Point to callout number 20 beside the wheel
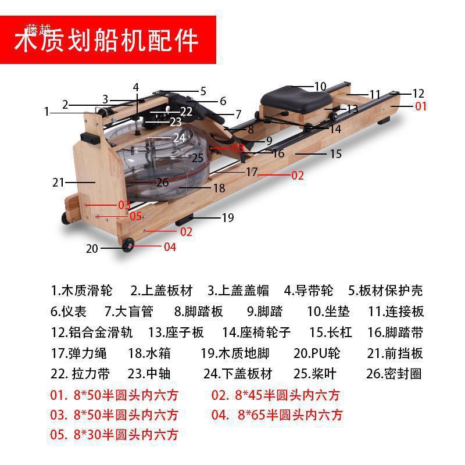point(92,249)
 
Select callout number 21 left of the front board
point(58,183)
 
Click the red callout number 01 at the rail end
point(420,106)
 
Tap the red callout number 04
point(169,247)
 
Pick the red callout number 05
point(135,216)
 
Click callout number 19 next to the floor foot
point(227,218)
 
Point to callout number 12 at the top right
point(418,94)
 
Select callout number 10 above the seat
point(320,87)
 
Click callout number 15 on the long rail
point(335,154)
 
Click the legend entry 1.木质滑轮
point(81,290)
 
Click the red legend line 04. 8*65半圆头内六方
point(277,415)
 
